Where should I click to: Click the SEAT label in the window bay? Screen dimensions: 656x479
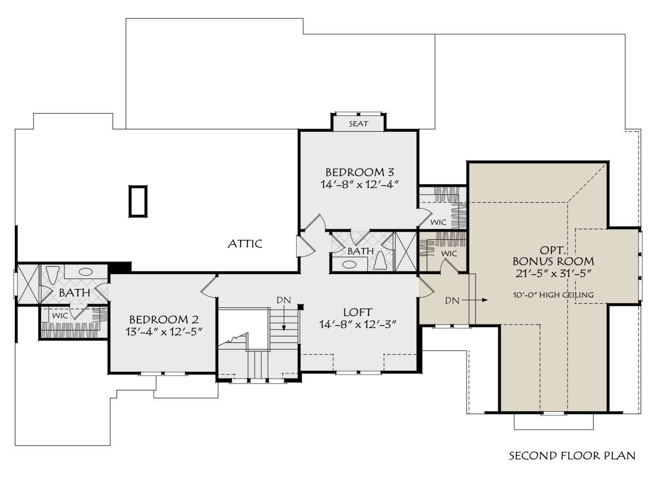359,124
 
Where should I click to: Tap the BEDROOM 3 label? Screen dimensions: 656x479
360,172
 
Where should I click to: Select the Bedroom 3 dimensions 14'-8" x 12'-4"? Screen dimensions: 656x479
360,185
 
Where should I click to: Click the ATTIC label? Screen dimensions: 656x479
245,244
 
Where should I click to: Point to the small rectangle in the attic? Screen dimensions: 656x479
138,202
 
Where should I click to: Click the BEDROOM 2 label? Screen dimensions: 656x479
163,319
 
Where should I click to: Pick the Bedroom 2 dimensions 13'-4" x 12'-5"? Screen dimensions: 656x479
164,332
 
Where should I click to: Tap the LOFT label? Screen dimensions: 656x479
358,312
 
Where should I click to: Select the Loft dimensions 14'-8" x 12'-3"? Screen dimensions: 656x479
358,324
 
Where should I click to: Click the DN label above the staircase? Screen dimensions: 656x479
284,300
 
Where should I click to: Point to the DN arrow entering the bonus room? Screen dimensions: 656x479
475,300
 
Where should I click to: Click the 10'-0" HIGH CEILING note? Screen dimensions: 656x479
553,295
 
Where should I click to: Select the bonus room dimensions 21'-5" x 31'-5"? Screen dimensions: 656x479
553,273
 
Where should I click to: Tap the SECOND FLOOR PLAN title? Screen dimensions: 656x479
572,456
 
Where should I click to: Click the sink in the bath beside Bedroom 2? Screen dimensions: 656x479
85,272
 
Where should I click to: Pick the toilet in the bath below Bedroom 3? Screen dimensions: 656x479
380,261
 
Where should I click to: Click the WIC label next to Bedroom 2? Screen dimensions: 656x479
60,316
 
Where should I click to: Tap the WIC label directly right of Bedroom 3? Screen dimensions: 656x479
438,222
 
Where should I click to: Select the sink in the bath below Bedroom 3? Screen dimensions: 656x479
349,264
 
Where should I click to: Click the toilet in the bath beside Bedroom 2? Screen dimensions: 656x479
53,275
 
